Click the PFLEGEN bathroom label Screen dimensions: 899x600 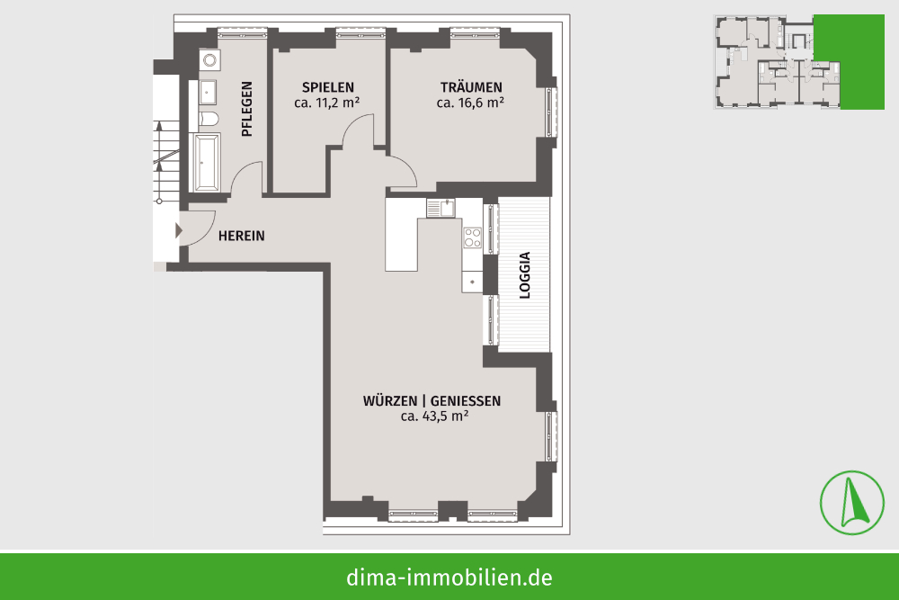[246, 109]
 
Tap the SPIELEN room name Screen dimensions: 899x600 [328, 88]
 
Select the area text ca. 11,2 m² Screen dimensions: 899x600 [327, 103]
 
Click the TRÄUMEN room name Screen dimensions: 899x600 [471, 87]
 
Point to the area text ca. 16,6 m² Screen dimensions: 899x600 [470, 103]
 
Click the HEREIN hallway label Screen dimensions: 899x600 [241, 236]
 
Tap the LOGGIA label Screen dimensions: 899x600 [525, 275]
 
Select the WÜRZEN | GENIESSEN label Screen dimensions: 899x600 [432, 401]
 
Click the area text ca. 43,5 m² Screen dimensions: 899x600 [434, 416]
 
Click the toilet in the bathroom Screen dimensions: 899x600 [209, 119]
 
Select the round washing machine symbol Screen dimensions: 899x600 [209, 59]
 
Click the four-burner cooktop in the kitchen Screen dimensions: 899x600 [473, 237]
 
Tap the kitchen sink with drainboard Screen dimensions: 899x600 [441, 208]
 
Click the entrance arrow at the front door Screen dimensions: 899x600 [179, 230]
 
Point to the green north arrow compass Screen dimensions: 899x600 [852, 503]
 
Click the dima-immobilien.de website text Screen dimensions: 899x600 [449, 578]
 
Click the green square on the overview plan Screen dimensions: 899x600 [850, 61]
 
